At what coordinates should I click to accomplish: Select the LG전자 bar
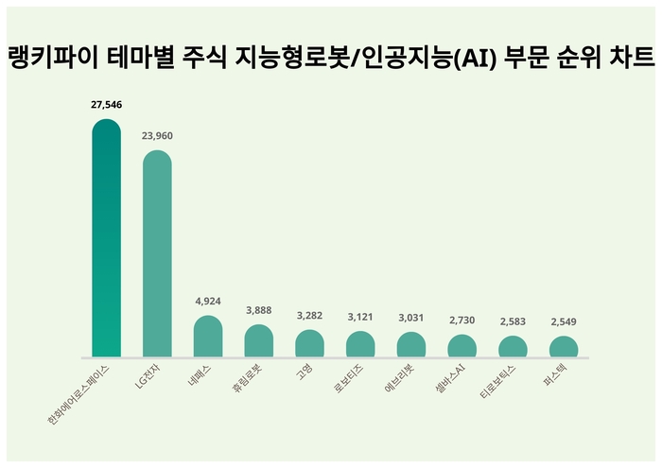click(x=157, y=254)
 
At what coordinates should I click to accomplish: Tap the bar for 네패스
click(x=208, y=337)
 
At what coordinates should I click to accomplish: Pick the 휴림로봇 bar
click(x=259, y=341)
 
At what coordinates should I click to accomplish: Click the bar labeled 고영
click(x=310, y=344)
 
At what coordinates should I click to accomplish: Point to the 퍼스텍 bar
click(x=564, y=347)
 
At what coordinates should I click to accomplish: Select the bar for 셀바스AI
click(x=462, y=346)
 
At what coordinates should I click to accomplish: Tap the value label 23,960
click(x=157, y=136)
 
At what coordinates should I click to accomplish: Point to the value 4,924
click(x=208, y=302)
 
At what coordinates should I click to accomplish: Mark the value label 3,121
click(x=360, y=318)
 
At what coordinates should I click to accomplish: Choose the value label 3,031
click(x=410, y=319)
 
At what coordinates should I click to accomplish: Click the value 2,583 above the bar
click(x=513, y=322)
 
